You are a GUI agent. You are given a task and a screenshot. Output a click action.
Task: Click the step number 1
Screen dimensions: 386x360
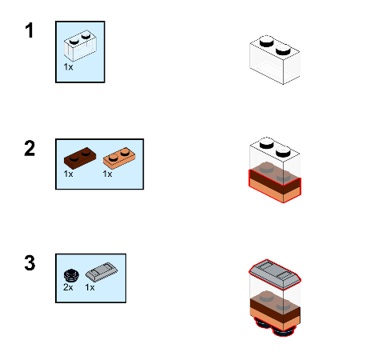pyautogui.click(x=30, y=30)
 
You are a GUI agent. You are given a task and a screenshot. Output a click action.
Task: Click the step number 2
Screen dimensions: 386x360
pyautogui.click(x=30, y=148)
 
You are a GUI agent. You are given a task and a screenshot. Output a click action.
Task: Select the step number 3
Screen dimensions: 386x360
pyautogui.click(x=30, y=263)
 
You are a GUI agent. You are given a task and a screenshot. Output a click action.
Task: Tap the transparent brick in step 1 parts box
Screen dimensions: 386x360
pyautogui.click(x=80, y=46)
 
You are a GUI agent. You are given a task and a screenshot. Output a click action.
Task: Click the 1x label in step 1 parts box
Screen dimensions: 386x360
pyautogui.click(x=68, y=67)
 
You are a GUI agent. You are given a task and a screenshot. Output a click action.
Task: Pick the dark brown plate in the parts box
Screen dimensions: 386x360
pyautogui.click(x=80, y=158)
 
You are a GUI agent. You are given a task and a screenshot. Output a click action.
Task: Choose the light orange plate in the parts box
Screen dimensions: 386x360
pyautogui.click(x=119, y=158)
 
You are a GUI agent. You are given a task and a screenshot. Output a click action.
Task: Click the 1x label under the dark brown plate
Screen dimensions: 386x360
pyautogui.click(x=68, y=174)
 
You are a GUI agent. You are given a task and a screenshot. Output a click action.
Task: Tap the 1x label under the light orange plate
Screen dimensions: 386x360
pyautogui.click(x=107, y=174)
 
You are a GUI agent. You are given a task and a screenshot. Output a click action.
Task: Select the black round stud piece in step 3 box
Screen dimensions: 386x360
pyautogui.click(x=72, y=276)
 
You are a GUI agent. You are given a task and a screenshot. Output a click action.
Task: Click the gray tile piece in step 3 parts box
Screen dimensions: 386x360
pyautogui.click(x=101, y=272)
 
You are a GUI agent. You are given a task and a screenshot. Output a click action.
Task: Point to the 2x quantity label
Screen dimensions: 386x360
pyautogui.click(x=68, y=287)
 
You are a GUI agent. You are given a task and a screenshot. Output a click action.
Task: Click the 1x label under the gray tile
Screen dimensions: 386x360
pyautogui.click(x=90, y=287)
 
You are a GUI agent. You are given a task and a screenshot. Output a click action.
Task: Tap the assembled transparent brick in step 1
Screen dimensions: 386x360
pyautogui.click(x=275, y=60)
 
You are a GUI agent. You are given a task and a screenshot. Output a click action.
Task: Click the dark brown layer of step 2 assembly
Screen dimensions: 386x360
pyautogui.click(x=275, y=182)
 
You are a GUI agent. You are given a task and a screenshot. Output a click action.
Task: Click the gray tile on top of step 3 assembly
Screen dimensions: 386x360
pyautogui.click(x=275, y=274)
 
